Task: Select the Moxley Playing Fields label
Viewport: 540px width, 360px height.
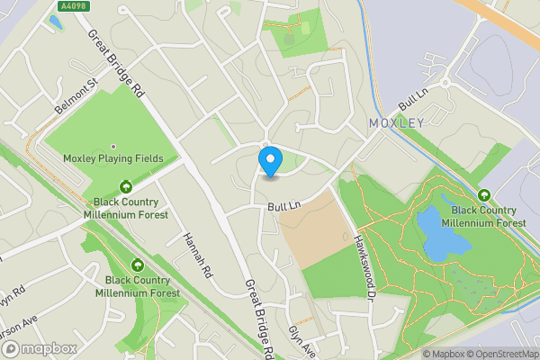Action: click(113, 158)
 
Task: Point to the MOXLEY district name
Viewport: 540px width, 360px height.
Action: click(396, 122)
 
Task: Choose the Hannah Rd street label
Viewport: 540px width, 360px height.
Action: click(196, 255)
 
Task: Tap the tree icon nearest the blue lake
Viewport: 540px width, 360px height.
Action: click(484, 195)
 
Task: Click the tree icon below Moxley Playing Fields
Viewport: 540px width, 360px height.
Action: click(126, 187)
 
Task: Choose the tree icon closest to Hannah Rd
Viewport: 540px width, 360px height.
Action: click(138, 265)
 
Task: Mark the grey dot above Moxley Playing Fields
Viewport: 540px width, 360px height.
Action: click(113, 147)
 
